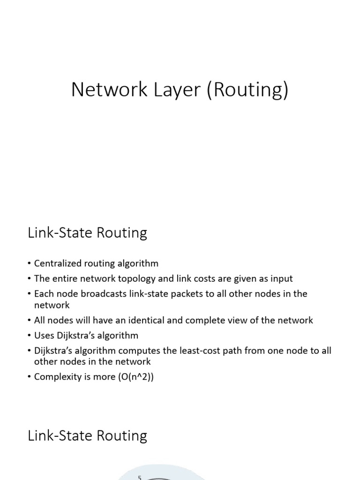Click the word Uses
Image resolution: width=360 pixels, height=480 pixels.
pos(44,336)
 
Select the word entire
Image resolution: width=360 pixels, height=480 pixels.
pos(65,278)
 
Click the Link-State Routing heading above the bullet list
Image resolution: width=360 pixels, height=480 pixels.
pos(88,233)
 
